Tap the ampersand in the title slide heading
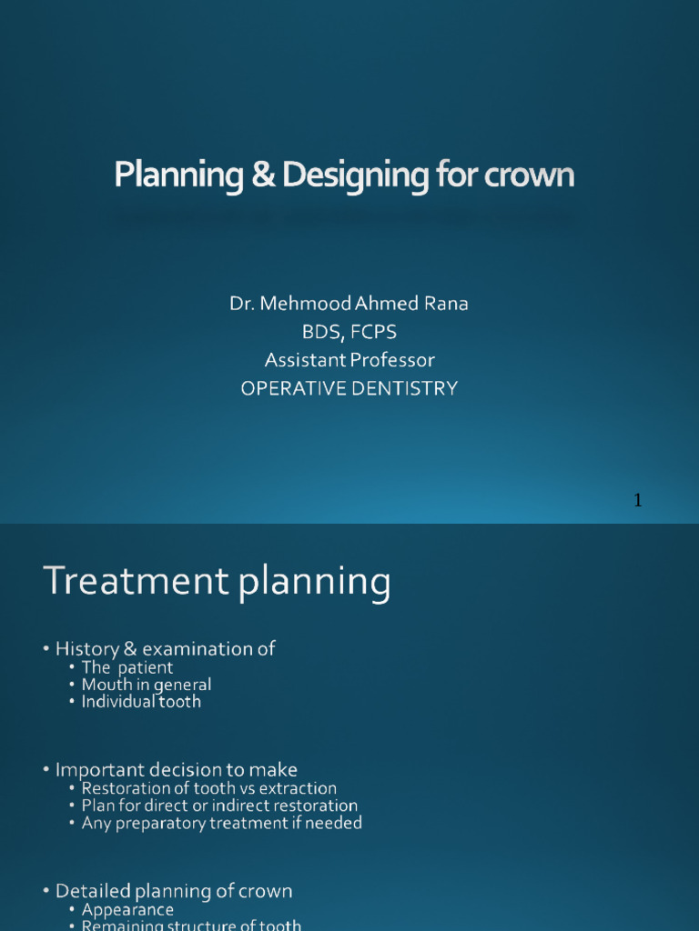[264, 175]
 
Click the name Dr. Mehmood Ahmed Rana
[349, 304]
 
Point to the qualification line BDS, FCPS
[349, 332]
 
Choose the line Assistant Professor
[349, 360]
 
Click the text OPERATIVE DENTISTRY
[349, 388]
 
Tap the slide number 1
[638, 500]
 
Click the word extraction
[299, 788]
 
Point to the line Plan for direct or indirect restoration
[219, 806]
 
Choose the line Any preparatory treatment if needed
[221, 823]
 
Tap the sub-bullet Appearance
[127, 909]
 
